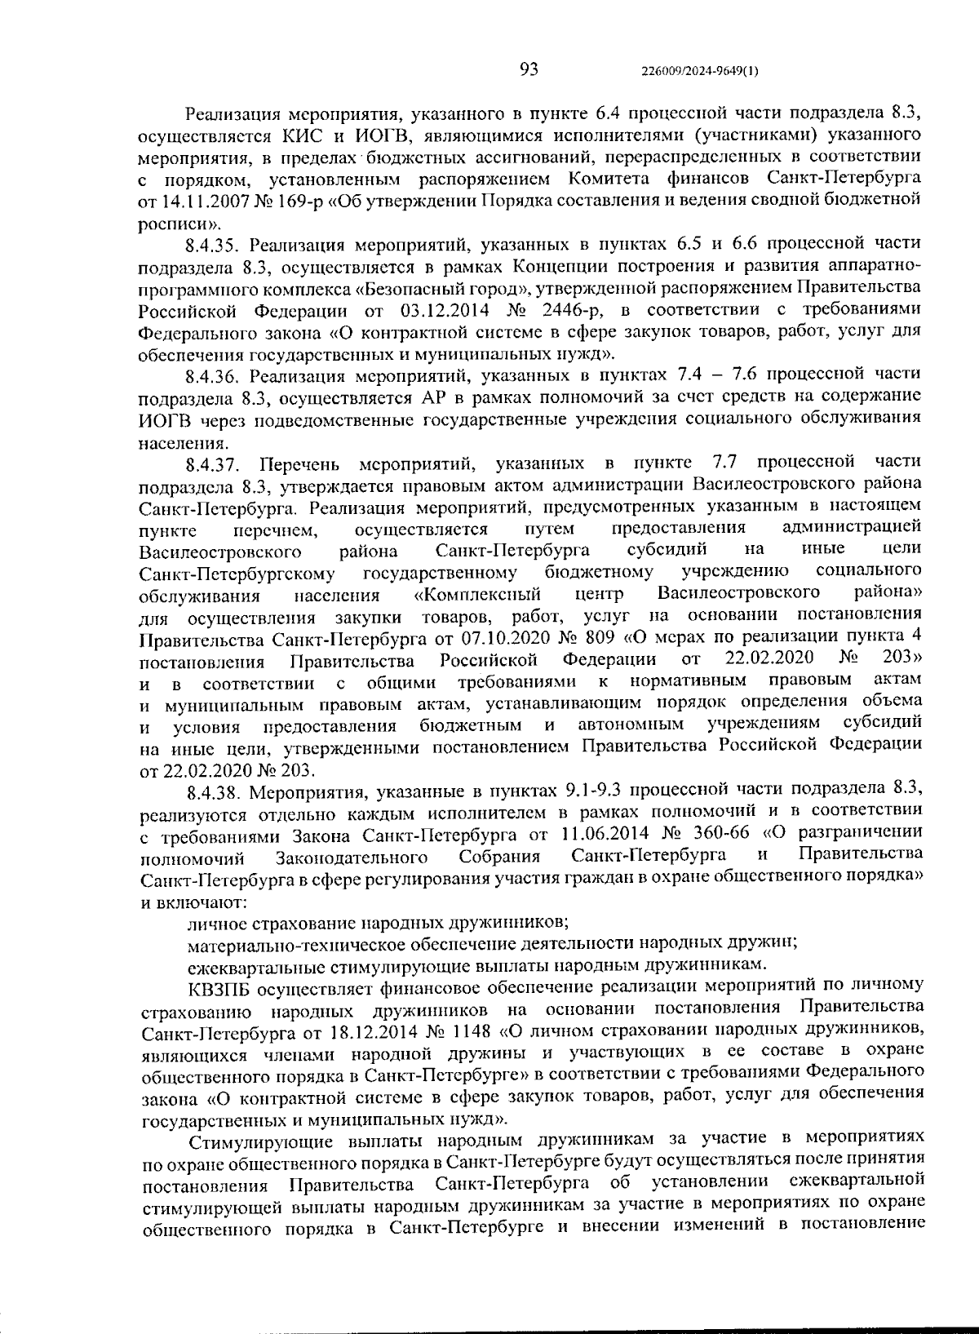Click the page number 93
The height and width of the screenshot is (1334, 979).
click(529, 69)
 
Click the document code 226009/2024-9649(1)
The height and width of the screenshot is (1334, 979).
click(700, 71)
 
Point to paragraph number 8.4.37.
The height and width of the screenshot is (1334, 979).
click(215, 465)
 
